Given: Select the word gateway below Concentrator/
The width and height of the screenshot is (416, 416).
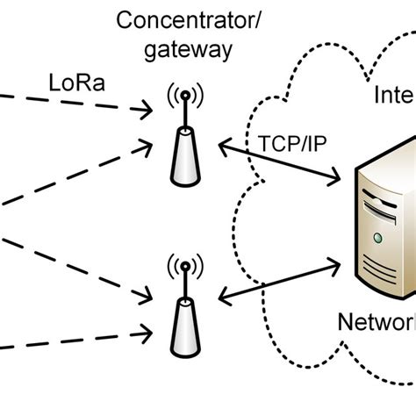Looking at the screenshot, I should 189,50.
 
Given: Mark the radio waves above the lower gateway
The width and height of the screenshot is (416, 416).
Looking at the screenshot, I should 185,266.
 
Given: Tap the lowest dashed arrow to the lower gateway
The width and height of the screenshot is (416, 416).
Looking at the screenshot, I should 79,348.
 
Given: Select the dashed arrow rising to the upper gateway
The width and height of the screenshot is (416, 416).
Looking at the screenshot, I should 88,180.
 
